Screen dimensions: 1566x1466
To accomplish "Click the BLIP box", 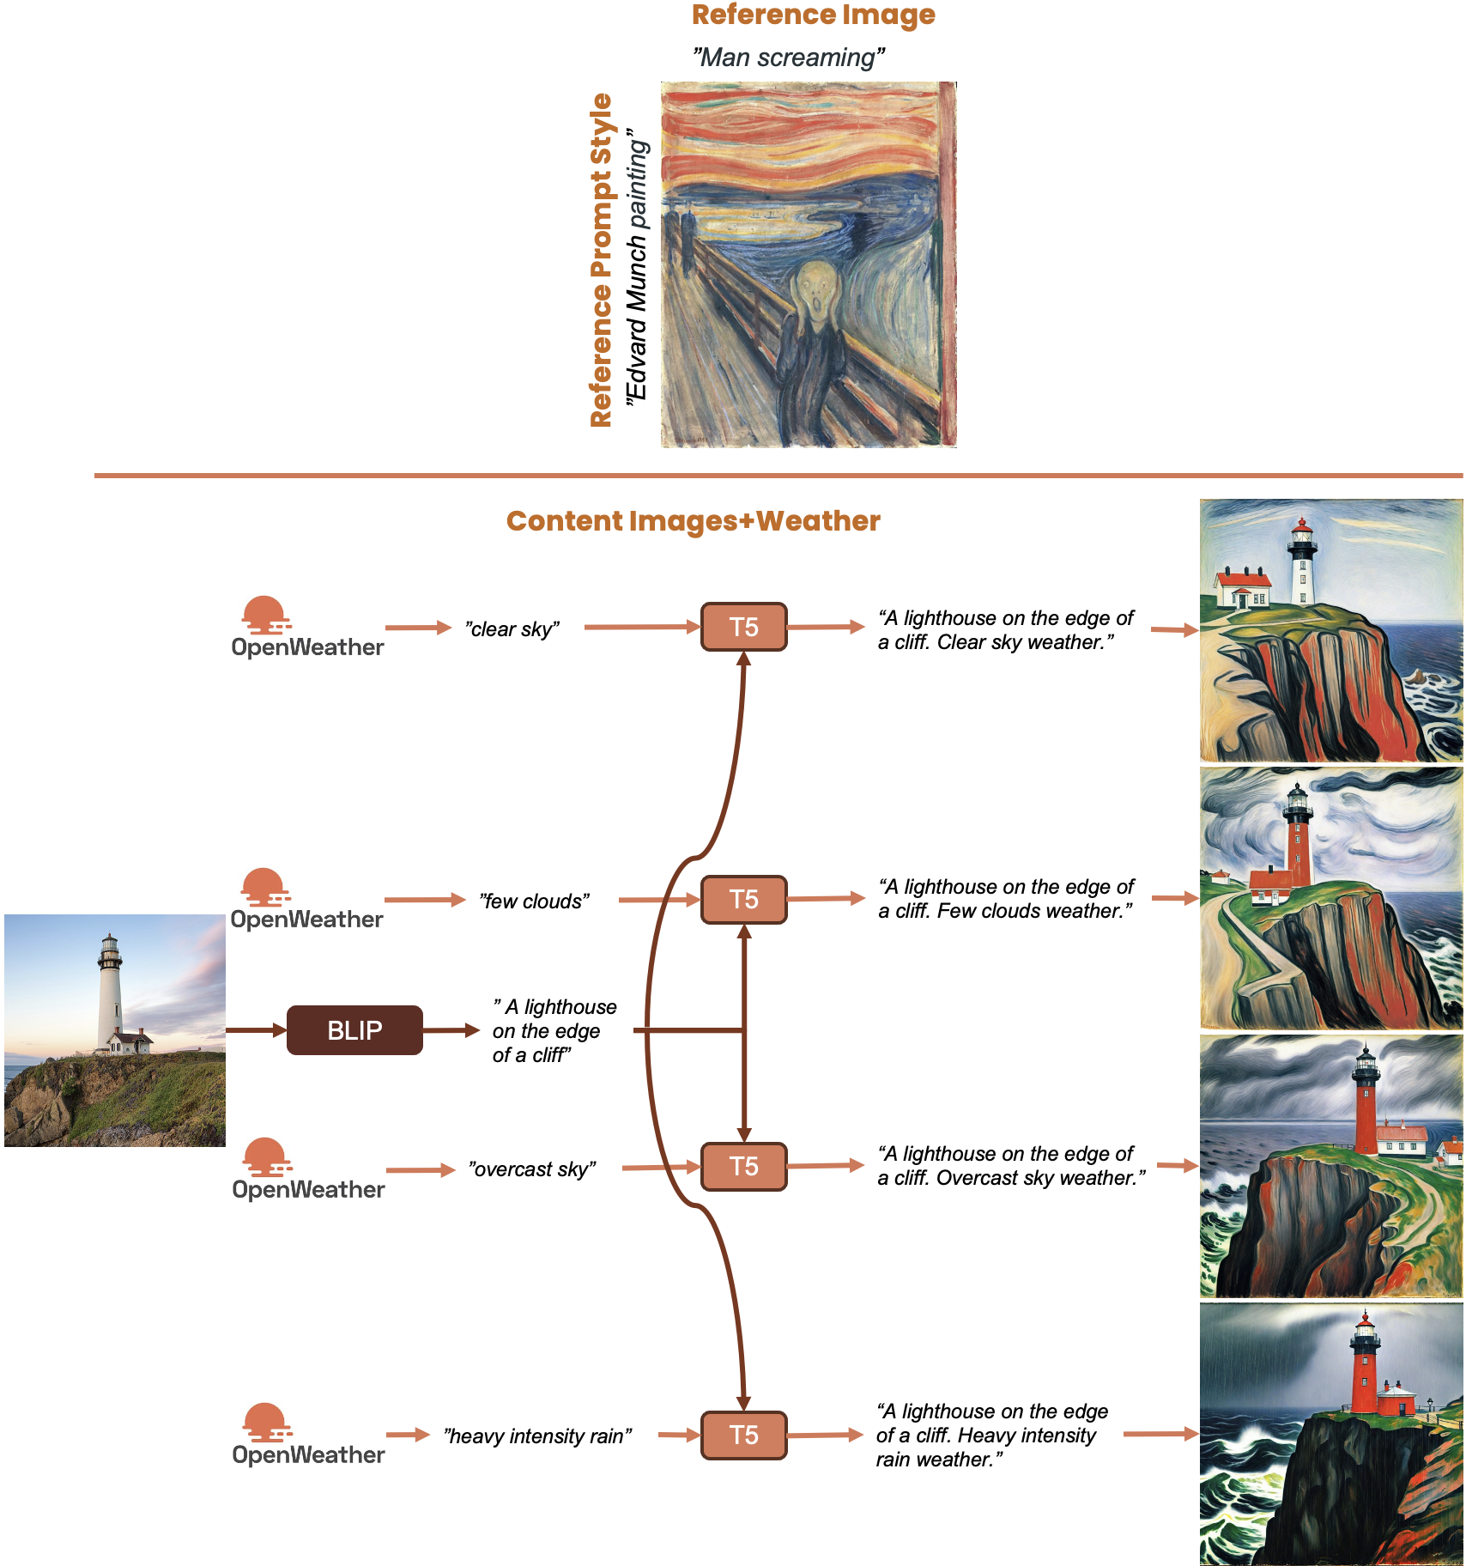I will pos(354,1029).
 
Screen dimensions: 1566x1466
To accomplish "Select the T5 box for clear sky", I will pos(743,627).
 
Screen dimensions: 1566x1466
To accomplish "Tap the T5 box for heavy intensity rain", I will pos(743,1435).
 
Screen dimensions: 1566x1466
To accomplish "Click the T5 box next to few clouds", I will pos(743,899).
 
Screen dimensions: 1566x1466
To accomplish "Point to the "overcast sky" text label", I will pos(531,1169).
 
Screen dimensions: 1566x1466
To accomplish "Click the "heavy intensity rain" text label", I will pos(537,1436).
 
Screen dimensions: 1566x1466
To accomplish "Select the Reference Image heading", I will pos(813,15).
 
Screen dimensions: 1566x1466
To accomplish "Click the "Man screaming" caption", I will pos(788,58).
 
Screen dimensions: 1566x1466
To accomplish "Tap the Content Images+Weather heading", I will pos(693,521).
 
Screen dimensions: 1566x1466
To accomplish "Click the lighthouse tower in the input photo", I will pos(109,987).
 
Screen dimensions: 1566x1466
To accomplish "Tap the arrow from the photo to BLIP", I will pos(255,1029).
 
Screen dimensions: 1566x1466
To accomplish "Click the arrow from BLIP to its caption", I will pos(451,1029).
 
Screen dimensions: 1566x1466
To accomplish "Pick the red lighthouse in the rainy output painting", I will pos(1363,1365).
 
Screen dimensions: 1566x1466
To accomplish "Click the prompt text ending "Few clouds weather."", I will pos(1005,899).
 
